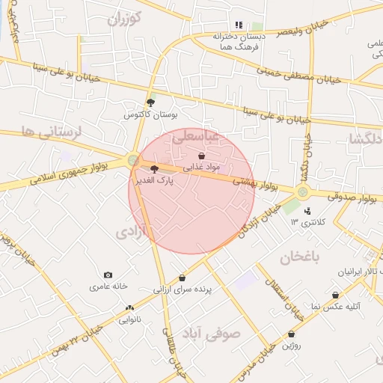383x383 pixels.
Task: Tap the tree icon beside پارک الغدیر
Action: click(x=154, y=169)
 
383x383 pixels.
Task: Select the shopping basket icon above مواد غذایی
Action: click(x=201, y=155)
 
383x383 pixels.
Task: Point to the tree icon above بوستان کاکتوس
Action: click(x=150, y=102)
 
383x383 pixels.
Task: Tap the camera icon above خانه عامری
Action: click(x=108, y=275)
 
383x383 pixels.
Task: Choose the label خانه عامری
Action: click(x=109, y=287)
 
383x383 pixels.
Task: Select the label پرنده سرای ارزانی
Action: click(x=183, y=289)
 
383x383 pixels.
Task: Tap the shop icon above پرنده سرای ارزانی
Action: click(x=182, y=278)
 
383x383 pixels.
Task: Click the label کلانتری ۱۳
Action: click(x=304, y=223)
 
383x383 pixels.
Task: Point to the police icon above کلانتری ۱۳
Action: click(x=307, y=211)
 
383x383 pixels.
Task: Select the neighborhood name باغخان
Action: click(x=299, y=258)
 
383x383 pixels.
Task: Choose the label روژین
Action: click(x=291, y=345)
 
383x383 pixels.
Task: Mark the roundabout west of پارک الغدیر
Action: click(x=133, y=159)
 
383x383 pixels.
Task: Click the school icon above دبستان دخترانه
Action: click(x=239, y=25)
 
